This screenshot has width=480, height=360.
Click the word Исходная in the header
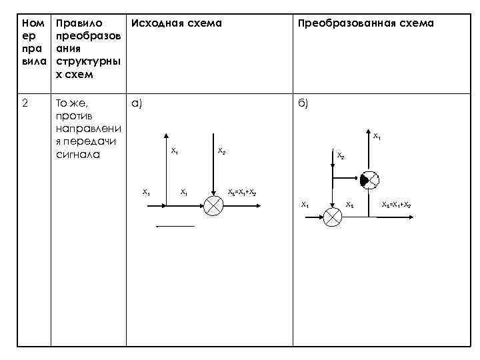click(155, 23)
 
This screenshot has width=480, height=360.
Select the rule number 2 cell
click(26, 104)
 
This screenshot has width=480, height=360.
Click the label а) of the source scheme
click(137, 104)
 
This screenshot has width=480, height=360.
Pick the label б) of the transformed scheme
click(303, 104)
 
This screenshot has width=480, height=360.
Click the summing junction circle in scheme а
click(213, 206)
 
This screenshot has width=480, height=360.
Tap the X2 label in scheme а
click(221, 151)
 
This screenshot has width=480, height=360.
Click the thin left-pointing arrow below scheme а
click(175, 227)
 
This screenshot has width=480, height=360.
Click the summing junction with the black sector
click(369, 179)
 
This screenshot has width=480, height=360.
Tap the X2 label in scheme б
click(341, 156)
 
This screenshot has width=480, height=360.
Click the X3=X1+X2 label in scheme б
click(396, 204)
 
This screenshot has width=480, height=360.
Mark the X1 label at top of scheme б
click(377, 137)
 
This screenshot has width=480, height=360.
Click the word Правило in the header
click(78, 23)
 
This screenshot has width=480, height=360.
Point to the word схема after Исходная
click(203, 23)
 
